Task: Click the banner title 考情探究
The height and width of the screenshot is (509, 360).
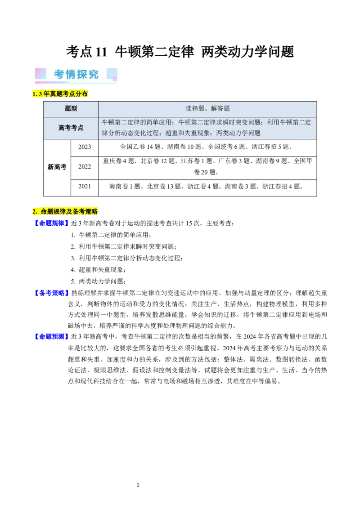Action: [x=76, y=74]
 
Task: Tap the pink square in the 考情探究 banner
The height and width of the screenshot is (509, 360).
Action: [x=41, y=74]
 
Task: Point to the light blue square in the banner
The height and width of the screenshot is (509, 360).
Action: [x=112, y=74]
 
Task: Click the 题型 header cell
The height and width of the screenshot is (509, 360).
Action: [x=71, y=108]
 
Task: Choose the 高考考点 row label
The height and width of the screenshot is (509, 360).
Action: [x=71, y=128]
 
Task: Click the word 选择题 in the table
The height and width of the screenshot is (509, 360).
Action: [x=195, y=108]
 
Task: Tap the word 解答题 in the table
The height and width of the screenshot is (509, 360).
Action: [x=220, y=108]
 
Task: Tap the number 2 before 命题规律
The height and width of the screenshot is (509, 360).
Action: [x=34, y=211]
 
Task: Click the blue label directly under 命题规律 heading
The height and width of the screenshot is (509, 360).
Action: [x=51, y=223]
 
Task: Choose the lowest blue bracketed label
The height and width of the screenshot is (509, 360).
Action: [x=51, y=336]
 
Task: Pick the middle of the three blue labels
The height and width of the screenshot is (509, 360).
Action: [x=51, y=293]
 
